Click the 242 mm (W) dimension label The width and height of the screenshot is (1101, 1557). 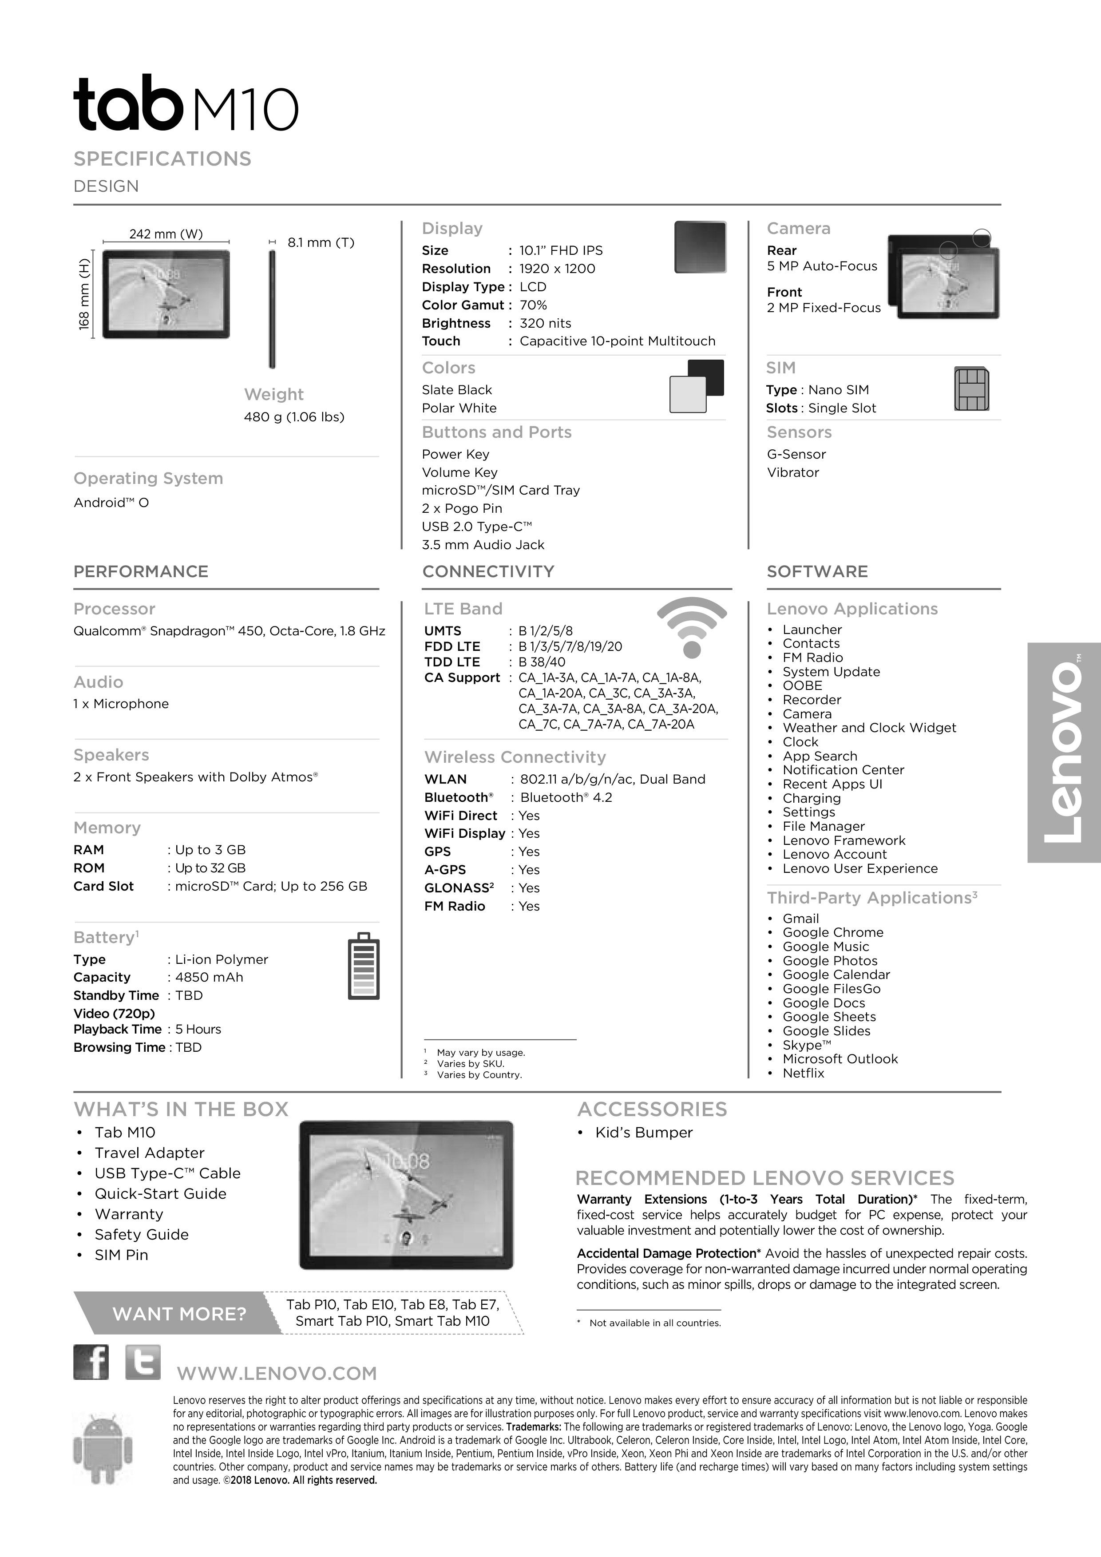pos(166,234)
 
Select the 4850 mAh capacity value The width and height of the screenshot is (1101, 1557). pos(209,977)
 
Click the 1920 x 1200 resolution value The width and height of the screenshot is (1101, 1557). pos(557,269)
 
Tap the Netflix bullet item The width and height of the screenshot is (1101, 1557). pos(804,1073)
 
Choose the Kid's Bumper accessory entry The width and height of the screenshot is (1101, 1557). pos(643,1133)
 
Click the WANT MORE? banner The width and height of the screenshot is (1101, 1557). pos(179,1314)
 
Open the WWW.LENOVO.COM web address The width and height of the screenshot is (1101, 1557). pos(277,1373)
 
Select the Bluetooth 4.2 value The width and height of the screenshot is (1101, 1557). pos(566,797)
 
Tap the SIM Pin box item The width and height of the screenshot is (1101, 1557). pos(121,1255)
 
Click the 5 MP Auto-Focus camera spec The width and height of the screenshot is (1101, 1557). pos(822,266)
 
